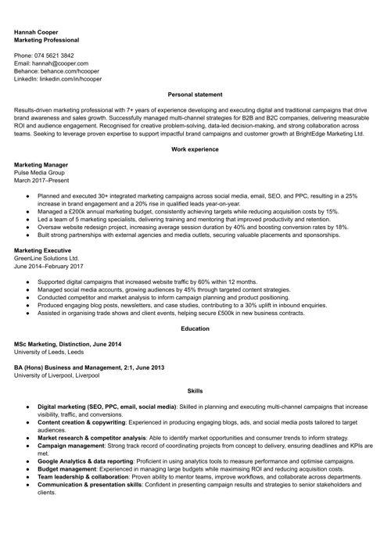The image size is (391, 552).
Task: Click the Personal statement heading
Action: tap(195, 95)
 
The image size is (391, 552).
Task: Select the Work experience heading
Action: tap(195, 149)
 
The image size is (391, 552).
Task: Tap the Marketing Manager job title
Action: tap(41, 165)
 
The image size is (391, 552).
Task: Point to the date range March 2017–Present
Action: tap(41, 181)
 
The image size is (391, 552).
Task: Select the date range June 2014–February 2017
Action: tap(48, 266)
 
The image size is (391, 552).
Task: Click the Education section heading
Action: tap(195, 328)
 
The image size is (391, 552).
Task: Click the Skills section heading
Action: tap(195, 390)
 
